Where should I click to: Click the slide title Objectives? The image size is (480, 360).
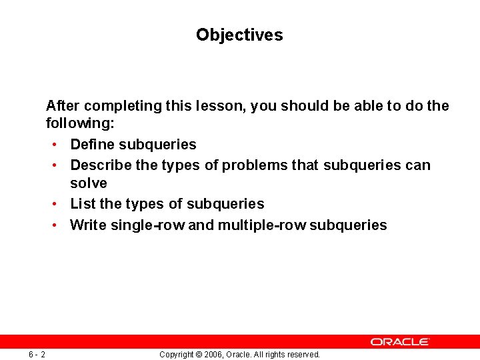[x=239, y=35]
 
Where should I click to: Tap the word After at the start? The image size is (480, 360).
[x=63, y=106]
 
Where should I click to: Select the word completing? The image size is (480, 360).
[x=117, y=106]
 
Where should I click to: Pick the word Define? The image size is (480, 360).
[x=92, y=145]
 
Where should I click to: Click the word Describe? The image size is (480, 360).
[x=101, y=165]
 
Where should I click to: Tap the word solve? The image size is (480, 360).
[x=89, y=183]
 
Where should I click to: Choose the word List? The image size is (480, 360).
[x=83, y=204]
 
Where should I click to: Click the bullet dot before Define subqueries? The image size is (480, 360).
[x=53, y=145]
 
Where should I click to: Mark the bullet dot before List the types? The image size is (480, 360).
[x=53, y=204]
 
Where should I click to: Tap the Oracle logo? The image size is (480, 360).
[x=400, y=341]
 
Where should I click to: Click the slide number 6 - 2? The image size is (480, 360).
[x=37, y=354]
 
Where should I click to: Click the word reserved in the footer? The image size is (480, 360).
[x=303, y=355]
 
